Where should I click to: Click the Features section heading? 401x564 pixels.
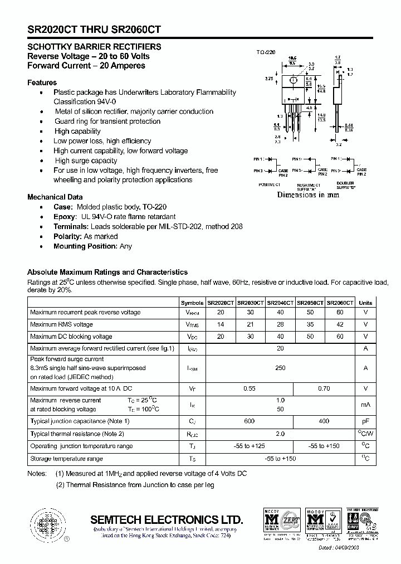pos(42,82)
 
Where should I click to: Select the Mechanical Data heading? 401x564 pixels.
pos(55,197)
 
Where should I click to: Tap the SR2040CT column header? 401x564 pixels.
pos(280,303)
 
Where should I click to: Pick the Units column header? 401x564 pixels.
pos(365,303)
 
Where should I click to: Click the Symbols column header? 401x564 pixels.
pos(192,303)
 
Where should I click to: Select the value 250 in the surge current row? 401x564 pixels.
pos(280,368)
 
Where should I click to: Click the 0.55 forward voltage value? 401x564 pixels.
pos(250,388)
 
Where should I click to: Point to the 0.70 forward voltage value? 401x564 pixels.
pos(324,388)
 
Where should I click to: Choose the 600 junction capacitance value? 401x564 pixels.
pos(250,421)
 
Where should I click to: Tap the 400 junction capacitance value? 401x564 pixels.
pos(324,421)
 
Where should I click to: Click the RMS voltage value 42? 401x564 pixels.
pos(340,324)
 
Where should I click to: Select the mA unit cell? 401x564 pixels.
pos(365,405)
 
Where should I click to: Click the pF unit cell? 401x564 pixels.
pos(365,421)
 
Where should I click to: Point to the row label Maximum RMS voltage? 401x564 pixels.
pos(61,324)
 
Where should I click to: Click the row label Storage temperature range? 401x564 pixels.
pos(66,459)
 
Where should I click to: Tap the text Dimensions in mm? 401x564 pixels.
pos(308,195)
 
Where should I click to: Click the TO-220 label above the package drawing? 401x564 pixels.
pos(266,52)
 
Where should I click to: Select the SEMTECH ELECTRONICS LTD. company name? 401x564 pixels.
pos(167,519)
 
